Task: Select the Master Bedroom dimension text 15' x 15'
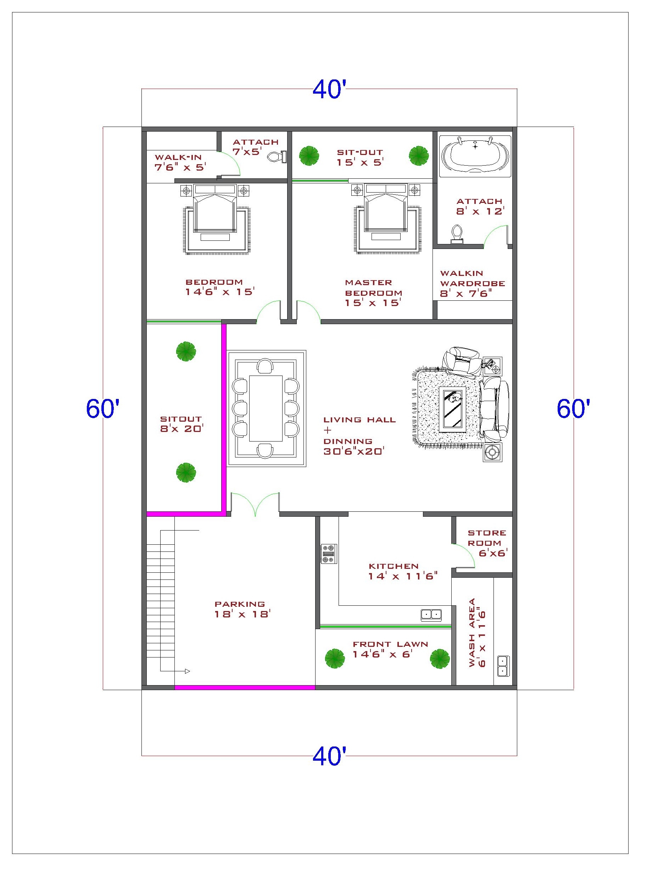[x=372, y=303]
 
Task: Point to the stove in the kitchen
[x=329, y=554]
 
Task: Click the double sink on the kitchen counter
[x=431, y=614]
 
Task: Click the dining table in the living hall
[x=266, y=409]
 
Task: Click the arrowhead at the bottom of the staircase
[x=187, y=671]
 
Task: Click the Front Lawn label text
[x=390, y=644]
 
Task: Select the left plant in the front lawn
[x=335, y=659]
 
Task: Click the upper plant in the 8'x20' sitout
[x=186, y=351]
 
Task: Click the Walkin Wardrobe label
[x=472, y=278]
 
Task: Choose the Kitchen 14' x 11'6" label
[x=402, y=571]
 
